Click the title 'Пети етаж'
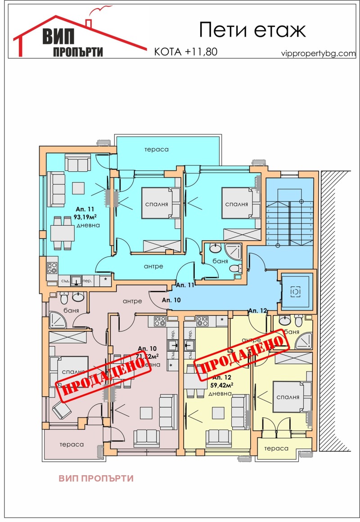[x=252, y=30]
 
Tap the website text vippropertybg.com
[x=318, y=53]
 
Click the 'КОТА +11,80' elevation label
[x=186, y=52]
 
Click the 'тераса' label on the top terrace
[x=156, y=150]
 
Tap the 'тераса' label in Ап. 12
[x=276, y=448]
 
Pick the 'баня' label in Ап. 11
[x=220, y=260]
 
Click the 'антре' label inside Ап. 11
[x=153, y=266]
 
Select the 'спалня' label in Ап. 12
[x=288, y=397]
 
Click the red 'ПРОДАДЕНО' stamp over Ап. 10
[x=102, y=376]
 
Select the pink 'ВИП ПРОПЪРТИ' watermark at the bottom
[x=96, y=478]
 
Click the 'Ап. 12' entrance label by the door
[x=258, y=310]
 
